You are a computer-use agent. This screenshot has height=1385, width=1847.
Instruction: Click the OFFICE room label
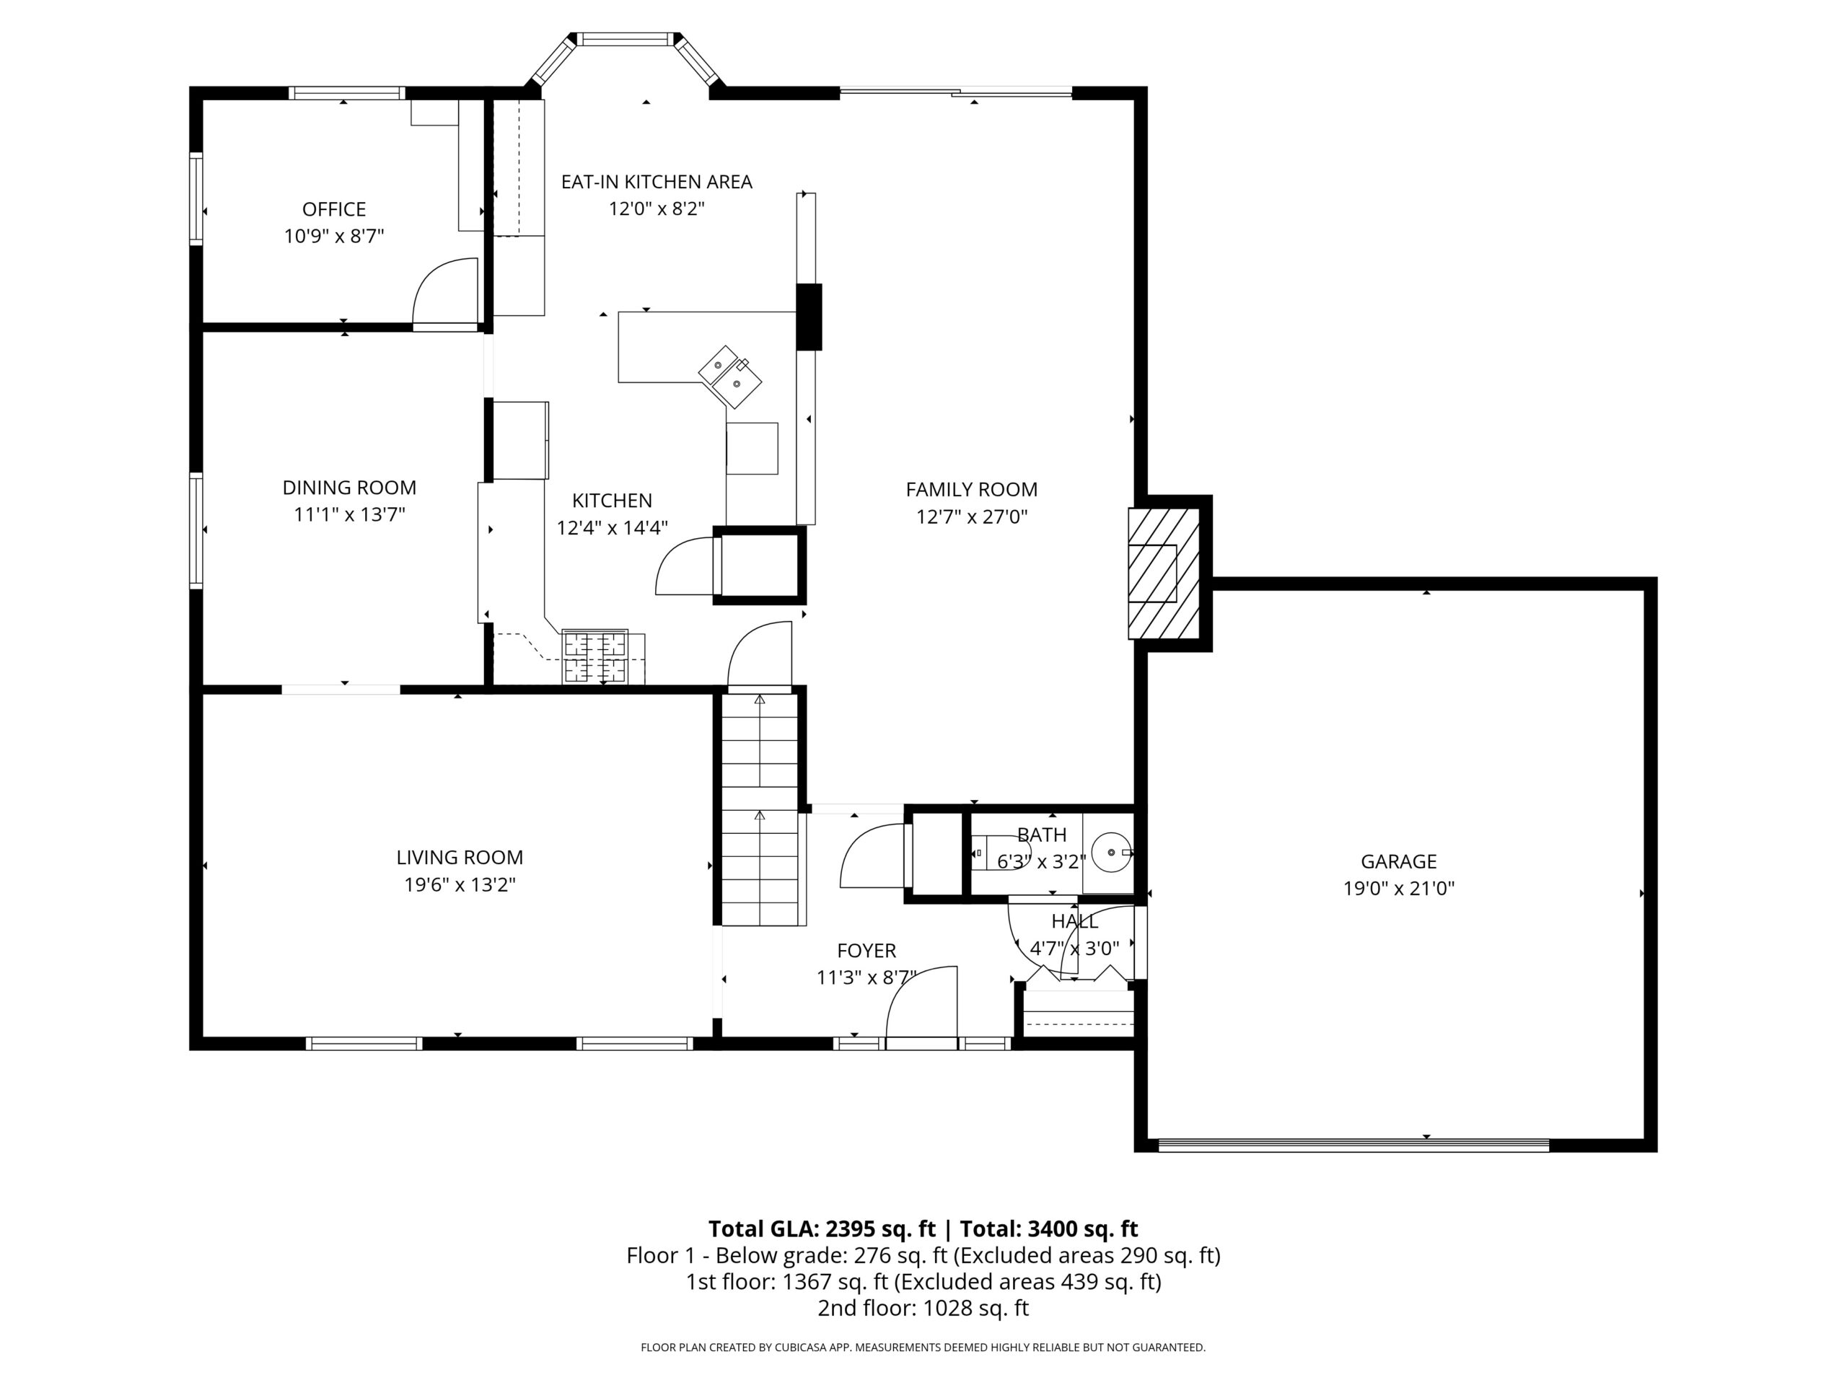(x=334, y=208)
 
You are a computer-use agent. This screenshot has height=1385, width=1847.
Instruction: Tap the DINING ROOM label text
(x=349, y=488)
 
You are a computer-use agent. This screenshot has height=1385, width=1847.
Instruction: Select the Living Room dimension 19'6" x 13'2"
(x=460, y=884)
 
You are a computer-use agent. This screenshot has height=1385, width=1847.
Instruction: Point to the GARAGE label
(x=1399, y=861)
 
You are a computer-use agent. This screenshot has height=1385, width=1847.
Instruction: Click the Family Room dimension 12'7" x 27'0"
(x=972, y=516)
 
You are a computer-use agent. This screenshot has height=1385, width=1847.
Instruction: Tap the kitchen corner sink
(x=731, y=377)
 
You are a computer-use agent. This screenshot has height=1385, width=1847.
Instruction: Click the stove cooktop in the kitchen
(x=595, y=657)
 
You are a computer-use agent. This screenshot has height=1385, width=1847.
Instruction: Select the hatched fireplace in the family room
(x=1164, y=573)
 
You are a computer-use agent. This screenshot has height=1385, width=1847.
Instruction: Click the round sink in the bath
(x=1110, y=853)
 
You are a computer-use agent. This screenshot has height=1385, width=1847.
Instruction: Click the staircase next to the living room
(x=760, y=810)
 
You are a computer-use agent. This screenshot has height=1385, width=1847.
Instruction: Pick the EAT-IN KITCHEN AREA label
(x=657, y=182)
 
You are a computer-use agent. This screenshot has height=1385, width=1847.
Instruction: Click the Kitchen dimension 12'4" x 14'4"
(x=612, y=527)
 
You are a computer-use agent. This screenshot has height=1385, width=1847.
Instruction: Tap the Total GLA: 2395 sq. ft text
(x=822, y=1229)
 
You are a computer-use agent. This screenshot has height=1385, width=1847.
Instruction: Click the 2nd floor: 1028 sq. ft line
(x=923, y=1309)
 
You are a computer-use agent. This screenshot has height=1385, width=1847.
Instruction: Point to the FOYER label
(x=867, y=950)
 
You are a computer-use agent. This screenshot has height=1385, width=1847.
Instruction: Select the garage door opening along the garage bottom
(x=1354, y=1145)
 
